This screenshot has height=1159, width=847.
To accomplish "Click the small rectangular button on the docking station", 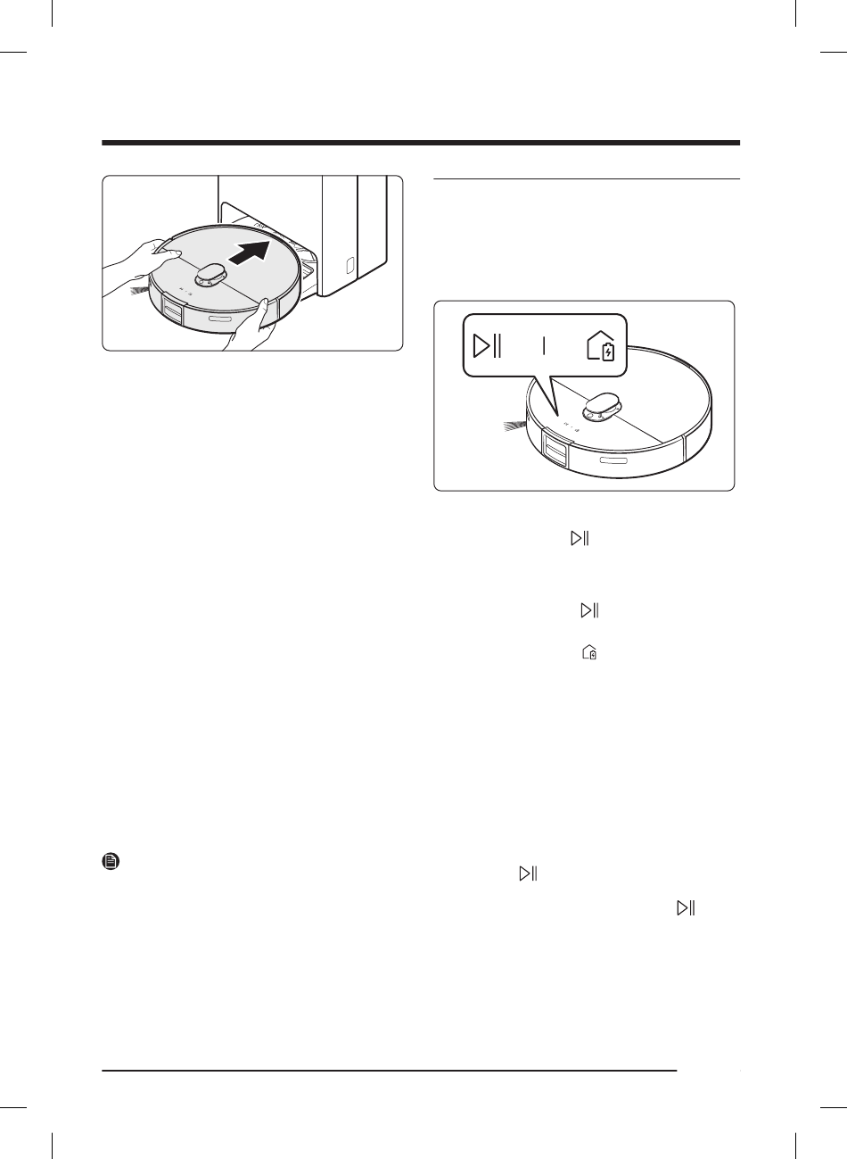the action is (x=349, y=265).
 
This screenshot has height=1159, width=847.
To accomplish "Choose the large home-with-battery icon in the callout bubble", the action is (x=602, y=346).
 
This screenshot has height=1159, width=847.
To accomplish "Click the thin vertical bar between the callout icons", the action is (x=545, y=346).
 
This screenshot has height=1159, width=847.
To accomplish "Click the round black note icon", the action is (x=111, y=863).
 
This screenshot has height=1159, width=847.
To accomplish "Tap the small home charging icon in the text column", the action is (x=588, y=654).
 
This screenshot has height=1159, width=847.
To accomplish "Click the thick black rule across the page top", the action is (x=422, y=143).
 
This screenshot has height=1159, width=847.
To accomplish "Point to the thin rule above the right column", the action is (x=587, y=179).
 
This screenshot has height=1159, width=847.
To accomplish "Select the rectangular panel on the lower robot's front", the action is (x=555, y=451).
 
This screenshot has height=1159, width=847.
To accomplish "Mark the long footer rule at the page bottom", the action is (x=390, y=1069).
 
